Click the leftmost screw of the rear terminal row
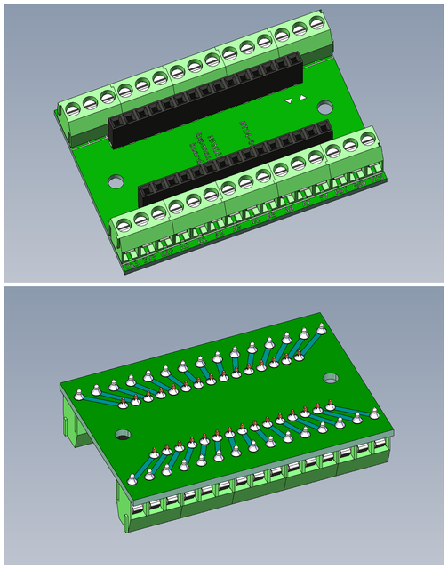[73, 109]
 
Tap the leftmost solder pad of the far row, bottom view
[79, 393]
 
